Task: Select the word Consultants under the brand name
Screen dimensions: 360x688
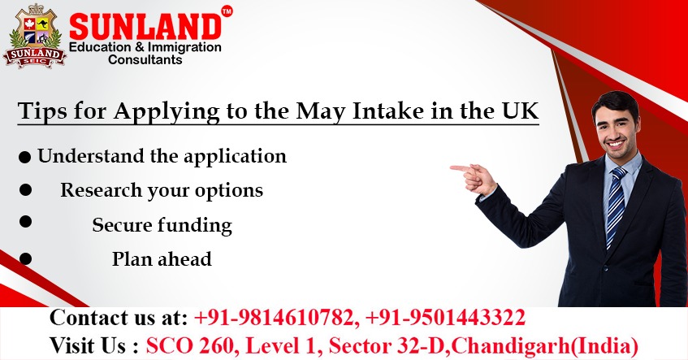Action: point(145,60)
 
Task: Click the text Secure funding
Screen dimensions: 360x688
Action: point(162,225)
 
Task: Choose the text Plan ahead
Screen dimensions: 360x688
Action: point(162,259)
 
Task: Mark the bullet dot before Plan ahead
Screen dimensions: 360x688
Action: point(26,258)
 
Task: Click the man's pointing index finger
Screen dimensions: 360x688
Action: point(456,168)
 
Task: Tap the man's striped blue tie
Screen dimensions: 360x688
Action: point(616,203)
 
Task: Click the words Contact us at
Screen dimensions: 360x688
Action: point(119,317)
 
